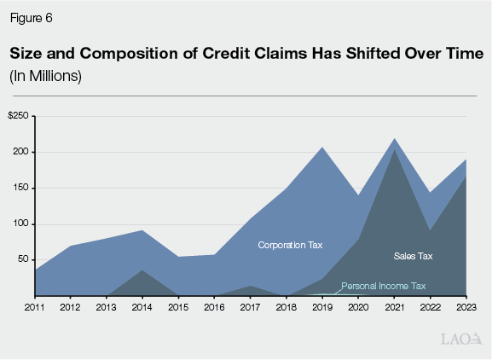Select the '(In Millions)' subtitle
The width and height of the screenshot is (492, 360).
pyautogui.click(x=45, y=76)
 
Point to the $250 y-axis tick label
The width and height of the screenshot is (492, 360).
pyautogui.click(x=19, y=116)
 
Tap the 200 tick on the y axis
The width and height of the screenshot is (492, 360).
pyautogui.click(x=21, y=152)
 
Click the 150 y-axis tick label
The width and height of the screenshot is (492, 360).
pyautogui.click(x=21, y=188)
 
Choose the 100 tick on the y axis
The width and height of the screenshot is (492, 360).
pyautogui.click(x=21, y=224)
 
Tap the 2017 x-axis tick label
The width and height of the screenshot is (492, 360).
pyautogui.click(x=249, y=305)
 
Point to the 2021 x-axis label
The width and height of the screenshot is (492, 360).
pyautogui.click(x=394, y=305)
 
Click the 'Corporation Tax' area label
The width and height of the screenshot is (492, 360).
pyautogui.click(x=291, y=246)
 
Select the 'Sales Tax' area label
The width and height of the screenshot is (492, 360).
pyautogui.click(x=414, y=256)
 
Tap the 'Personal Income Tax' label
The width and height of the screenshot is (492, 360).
pyautogui.click(x=383, y=286)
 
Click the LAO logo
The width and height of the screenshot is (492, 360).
pyautogui.click(x=459, y=340)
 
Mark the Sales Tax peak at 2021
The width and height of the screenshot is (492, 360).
pyautogui.click(x=394, y=150)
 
